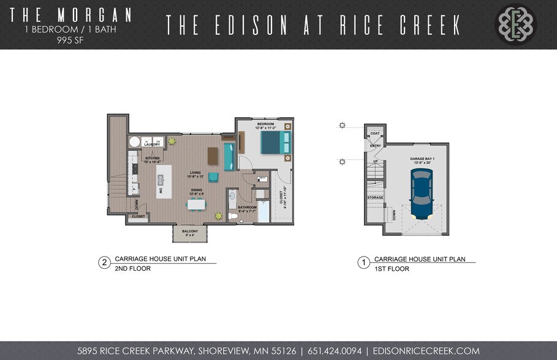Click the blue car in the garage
422,195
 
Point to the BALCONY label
190,231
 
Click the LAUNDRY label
151,144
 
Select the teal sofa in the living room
229,156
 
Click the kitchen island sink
161,180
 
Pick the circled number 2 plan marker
104,263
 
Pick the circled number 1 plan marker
363,263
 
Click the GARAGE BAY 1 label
422,159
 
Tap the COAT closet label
375,133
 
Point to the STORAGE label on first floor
375,197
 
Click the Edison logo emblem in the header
515,24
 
